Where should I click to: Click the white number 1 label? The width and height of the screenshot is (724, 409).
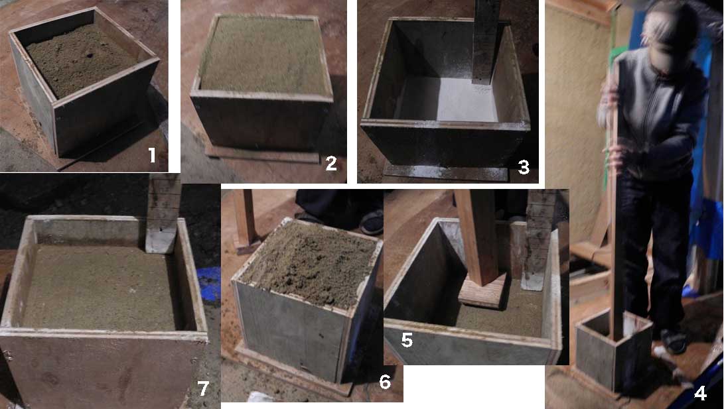click(x=152, y=155)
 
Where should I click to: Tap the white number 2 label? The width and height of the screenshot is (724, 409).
click(x=331, y=163)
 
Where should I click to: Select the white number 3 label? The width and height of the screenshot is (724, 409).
click(x=523, y=167)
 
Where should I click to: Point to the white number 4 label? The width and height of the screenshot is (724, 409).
click(x=701, y=394)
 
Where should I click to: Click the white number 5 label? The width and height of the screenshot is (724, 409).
click(x=406, y=340)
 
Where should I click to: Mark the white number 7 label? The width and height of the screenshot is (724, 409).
click(x=203, y=388)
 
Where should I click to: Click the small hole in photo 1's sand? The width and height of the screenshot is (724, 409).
click(x=89, y=55)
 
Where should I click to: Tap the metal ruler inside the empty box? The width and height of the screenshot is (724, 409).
click(x=486, y=42)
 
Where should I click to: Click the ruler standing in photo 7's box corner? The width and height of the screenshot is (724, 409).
click(x=163, y=213)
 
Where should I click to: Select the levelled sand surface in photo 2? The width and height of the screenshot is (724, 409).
click(x=264, y=54)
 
